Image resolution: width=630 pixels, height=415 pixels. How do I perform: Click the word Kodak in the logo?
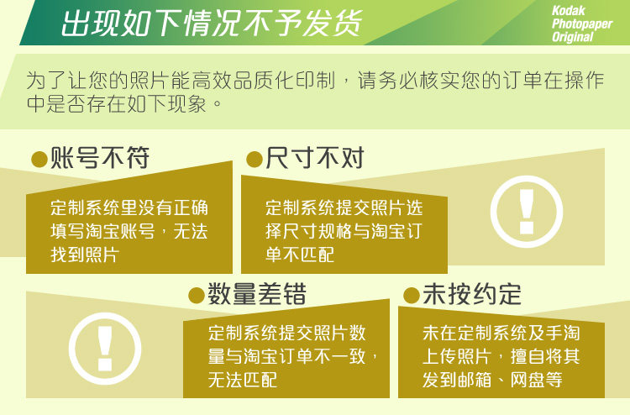[568, 11]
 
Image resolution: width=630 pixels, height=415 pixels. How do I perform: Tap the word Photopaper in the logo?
[582, 24]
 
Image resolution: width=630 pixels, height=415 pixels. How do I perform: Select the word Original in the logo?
[573, 37]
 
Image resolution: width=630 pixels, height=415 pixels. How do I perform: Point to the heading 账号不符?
[100, 157]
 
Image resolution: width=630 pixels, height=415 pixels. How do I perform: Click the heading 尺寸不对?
[315, 157]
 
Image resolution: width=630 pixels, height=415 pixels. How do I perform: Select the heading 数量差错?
[257, 294]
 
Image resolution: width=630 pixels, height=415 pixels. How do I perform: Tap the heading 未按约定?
[472, 294]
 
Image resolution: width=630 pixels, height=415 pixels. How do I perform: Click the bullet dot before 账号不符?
[39, 159]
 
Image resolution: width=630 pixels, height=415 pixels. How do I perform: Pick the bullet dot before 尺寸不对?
[255, 159]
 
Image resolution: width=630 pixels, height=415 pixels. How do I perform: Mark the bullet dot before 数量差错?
[197, 296]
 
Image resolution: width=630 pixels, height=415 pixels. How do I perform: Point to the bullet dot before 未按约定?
[412, 296]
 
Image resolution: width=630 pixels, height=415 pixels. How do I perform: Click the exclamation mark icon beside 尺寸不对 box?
[527, 212]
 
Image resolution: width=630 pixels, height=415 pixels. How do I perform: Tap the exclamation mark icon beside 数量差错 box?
[105, 349]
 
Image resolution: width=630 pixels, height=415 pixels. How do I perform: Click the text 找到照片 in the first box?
[85, 255]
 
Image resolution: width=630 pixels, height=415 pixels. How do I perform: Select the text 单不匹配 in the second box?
[300, 255]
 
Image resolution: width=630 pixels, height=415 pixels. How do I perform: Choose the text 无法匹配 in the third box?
[243, 380]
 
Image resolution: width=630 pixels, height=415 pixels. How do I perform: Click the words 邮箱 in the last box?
[475, 380]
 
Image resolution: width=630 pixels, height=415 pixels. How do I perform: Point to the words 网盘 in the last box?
[528, 380]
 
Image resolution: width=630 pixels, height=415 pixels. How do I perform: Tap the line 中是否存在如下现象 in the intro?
[117, 104]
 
